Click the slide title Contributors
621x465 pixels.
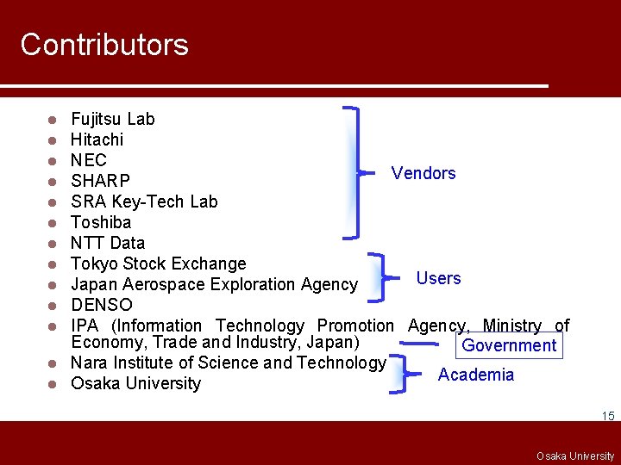pyautogui.click(x=104, y=45)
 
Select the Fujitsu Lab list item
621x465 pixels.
pyautogui.click(x=113, y=119)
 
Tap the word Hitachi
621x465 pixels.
pyautogui.click(x=97, y=139)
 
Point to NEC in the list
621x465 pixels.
pyautogui.click(x=89, y=160)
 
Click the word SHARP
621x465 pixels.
pyautogui.click(x=100, y=181)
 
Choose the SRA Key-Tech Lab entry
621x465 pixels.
pyautogui.click(x=144, y=201)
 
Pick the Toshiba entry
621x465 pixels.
pyautogui.click(x=101, y=222)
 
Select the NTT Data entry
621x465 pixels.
pyautogui.click(x=108, y=243)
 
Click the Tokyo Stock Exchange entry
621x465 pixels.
pyautogui.click(x=159, y=263)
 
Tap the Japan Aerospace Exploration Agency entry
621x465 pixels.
pyautogui.click(x=214, y=284)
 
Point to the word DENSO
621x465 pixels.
pyautogui.click(x=102, y=305)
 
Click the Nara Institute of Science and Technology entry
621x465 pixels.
pyautogui.click(x=228, y=363)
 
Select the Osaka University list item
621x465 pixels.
pyautogui.click(x=135, y=383)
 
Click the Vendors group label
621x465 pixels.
pyautogui.click(x=423, y=173)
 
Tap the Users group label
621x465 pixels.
pyautogui.click(x=438, y=278)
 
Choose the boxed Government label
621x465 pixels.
pyautogui.click(x=509, y=345)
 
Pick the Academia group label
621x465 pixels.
pyautogui.click(x=476, y=375)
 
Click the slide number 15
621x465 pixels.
pyautogui.click(x=608, y=417)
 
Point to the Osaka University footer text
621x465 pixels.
pyautogui.click(x=575, y=456)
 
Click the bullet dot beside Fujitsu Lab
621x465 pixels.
pyautogui.click(x=53, y=119)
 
